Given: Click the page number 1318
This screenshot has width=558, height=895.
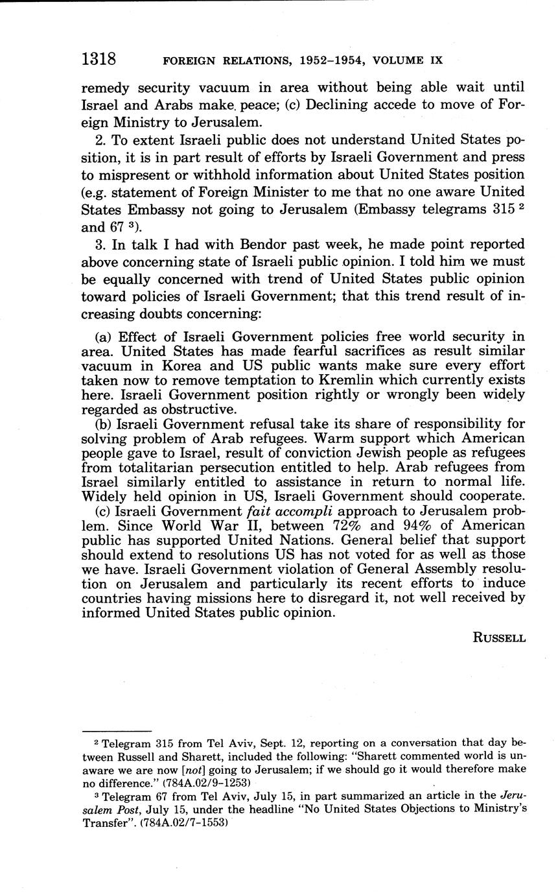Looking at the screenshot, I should coord(99,60).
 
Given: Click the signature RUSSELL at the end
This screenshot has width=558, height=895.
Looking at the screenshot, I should coord(499,638).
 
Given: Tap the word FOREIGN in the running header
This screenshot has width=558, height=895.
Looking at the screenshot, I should coord(188,61).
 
